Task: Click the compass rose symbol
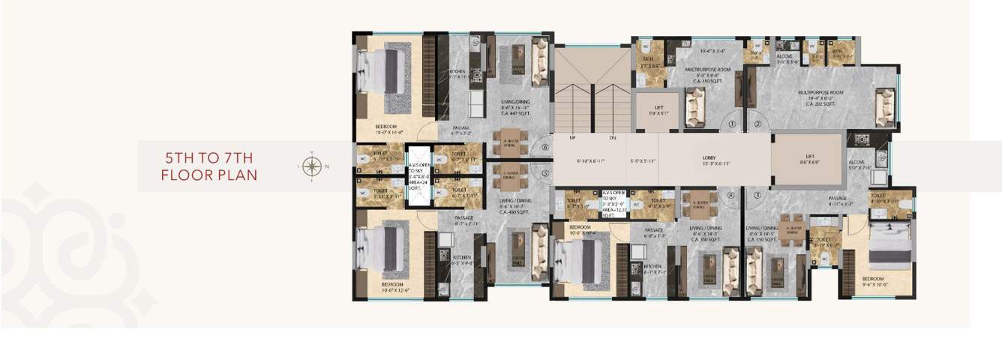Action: (312, 166)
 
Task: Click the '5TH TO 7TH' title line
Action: (209, 158)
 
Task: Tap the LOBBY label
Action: (708, 158)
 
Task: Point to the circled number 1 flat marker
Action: (732, 124)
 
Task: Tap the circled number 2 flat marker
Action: (757, 124)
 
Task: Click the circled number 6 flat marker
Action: (544, 148)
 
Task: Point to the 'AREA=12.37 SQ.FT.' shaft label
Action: (613, 212)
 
